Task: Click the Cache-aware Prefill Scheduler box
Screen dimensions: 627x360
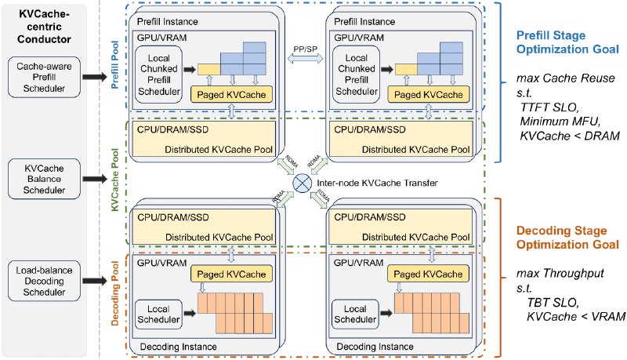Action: pos(44,77)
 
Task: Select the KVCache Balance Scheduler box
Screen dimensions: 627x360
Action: pos(44,179)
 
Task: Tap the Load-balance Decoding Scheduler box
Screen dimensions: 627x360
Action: pos(44,281)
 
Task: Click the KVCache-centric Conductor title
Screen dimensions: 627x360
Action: pos(44,27)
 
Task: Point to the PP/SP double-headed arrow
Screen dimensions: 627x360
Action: pos(306,59)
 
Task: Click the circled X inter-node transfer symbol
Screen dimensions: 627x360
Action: pos(303,184)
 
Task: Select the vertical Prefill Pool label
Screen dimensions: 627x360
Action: pos(115,64)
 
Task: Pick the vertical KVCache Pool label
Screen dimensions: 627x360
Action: pos(115,180)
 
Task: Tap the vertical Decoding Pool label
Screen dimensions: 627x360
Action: pos(115,293)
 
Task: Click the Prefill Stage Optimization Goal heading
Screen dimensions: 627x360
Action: pos(567,42)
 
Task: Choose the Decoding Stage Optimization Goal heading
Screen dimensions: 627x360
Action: pos(567,237)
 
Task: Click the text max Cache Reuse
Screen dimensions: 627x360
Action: pos(565,78)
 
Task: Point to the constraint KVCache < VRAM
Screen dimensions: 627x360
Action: pos(576,316)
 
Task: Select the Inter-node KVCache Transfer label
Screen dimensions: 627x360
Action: pos(377,184)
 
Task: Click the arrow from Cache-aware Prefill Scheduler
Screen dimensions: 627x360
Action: pos(95,77)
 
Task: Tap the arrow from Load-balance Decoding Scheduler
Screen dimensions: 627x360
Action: pos(95,281)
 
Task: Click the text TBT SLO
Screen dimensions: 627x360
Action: pos(553,303)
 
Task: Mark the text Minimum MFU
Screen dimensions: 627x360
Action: pos(560,121)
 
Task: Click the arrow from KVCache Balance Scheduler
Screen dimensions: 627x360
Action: pos(95,179)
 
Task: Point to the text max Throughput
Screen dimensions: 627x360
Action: pos(560,274)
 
